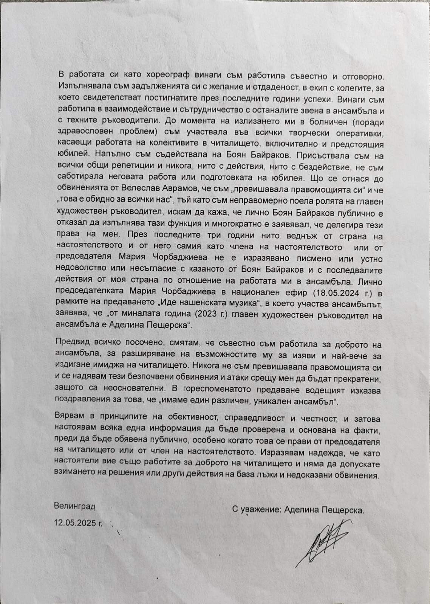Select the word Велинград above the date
pos(74,505)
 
